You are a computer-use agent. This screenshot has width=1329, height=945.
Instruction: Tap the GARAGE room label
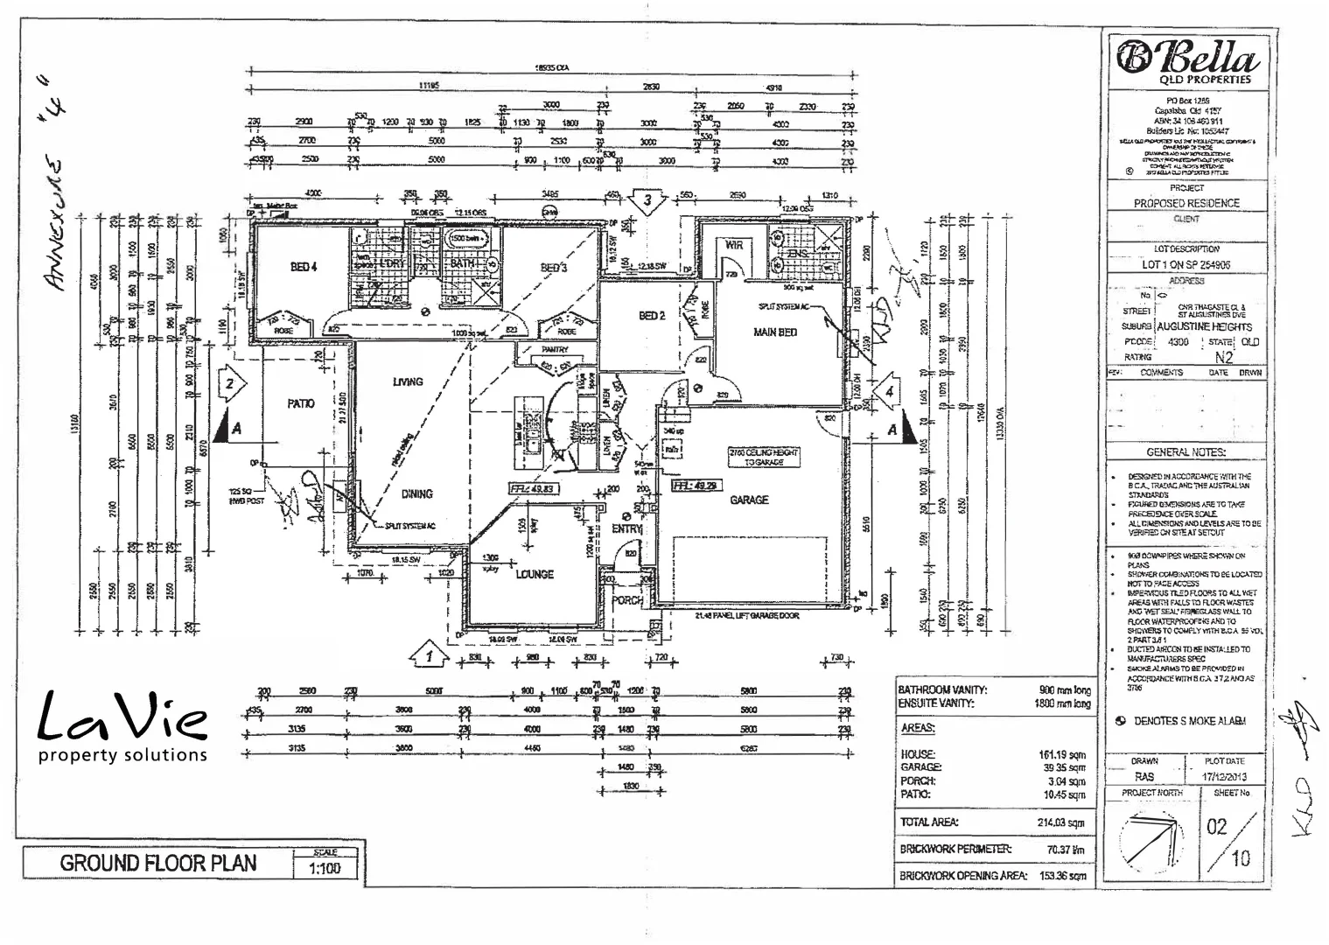pos(749,500)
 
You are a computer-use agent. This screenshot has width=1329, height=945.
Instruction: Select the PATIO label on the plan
pos(300,403)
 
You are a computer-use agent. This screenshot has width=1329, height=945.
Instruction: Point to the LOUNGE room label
pos(535,574)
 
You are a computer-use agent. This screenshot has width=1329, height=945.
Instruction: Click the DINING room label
pos(417,493)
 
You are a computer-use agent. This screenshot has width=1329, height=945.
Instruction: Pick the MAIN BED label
pos(774,332)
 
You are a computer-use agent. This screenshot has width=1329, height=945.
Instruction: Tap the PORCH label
pos(626,601)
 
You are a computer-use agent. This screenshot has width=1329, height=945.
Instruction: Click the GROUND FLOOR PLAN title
pos(158,863)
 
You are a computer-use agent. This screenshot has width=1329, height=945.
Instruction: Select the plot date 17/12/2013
pos(1225,776)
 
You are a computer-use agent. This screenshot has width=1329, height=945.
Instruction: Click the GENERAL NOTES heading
pos(1186,452)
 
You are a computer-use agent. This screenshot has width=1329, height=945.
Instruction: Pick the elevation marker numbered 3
pos(648,201)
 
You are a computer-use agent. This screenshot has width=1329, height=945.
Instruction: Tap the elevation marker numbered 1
pos(429,653)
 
